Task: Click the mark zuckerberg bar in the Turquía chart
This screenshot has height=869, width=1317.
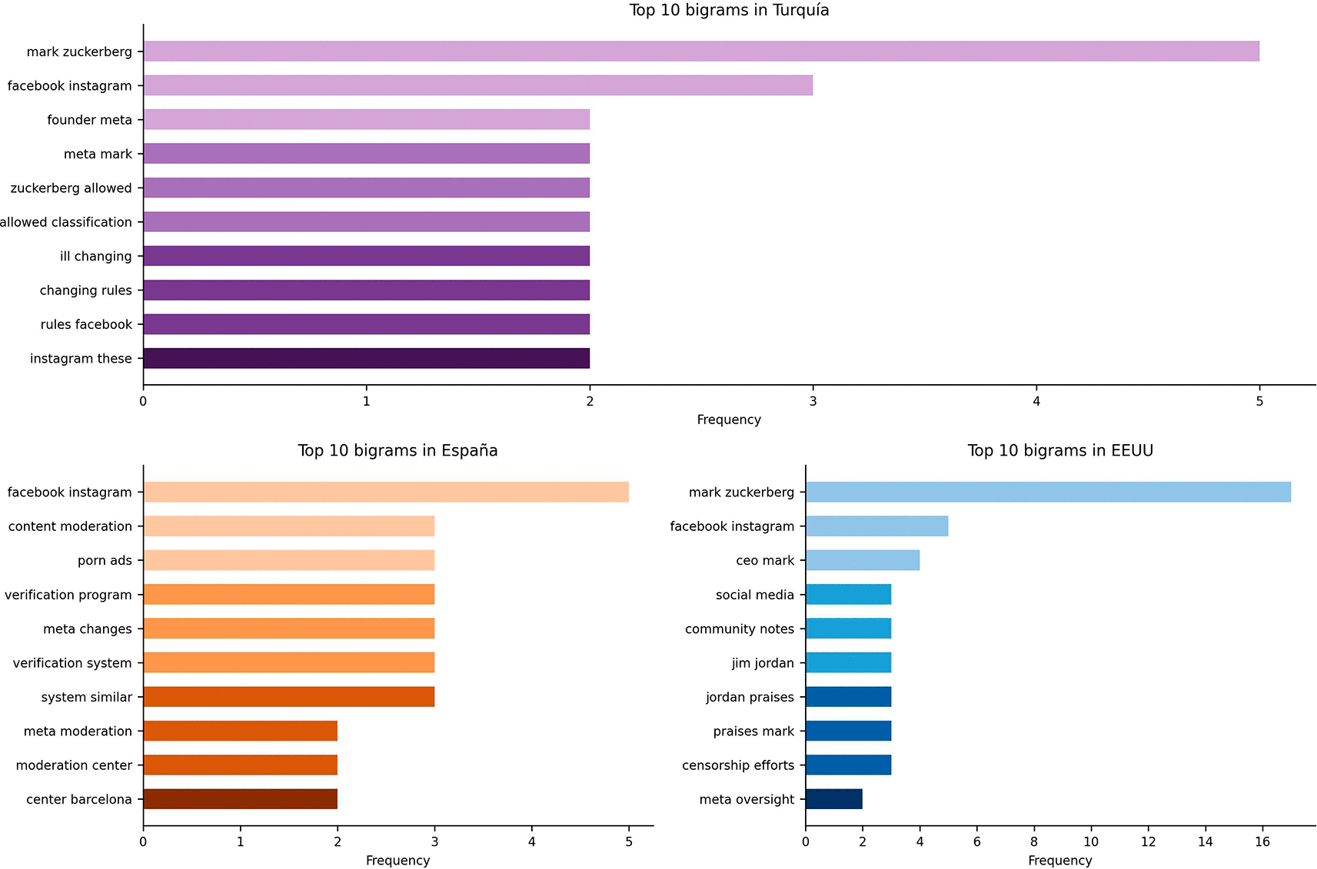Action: coord(701,51)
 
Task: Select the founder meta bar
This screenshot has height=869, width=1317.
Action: coord(367,120)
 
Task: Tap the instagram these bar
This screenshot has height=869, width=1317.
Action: coord(367,358)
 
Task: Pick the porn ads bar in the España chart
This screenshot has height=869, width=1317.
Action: coord(289,561)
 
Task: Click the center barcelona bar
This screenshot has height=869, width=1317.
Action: coord(241,799)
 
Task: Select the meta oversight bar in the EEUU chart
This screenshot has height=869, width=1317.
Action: coord(834,799)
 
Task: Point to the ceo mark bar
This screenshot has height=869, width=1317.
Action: coord(863,561)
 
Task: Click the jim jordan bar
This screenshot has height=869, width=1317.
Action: coord(849,663)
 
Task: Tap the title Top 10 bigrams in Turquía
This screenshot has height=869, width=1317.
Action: coord(729,11)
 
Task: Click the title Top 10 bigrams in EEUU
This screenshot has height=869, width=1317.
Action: coord(1060,451)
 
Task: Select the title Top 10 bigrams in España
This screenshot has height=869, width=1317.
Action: coord(397,451)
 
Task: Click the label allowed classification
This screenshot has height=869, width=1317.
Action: coord(66,222)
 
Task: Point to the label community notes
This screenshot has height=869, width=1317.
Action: coord(740,629)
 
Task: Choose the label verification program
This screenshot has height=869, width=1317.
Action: coord(68,595)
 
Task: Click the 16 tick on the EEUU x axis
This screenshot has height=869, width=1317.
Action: coord(1262,841)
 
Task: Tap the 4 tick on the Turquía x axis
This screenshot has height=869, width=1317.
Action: coord(1036,401)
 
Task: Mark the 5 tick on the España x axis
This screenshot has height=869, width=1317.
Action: coord(629,841)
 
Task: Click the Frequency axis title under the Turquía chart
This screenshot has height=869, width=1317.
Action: coord(729,420)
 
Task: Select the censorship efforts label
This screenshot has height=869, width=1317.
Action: coord(738,765)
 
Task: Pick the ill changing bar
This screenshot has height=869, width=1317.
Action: coord(367,256)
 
